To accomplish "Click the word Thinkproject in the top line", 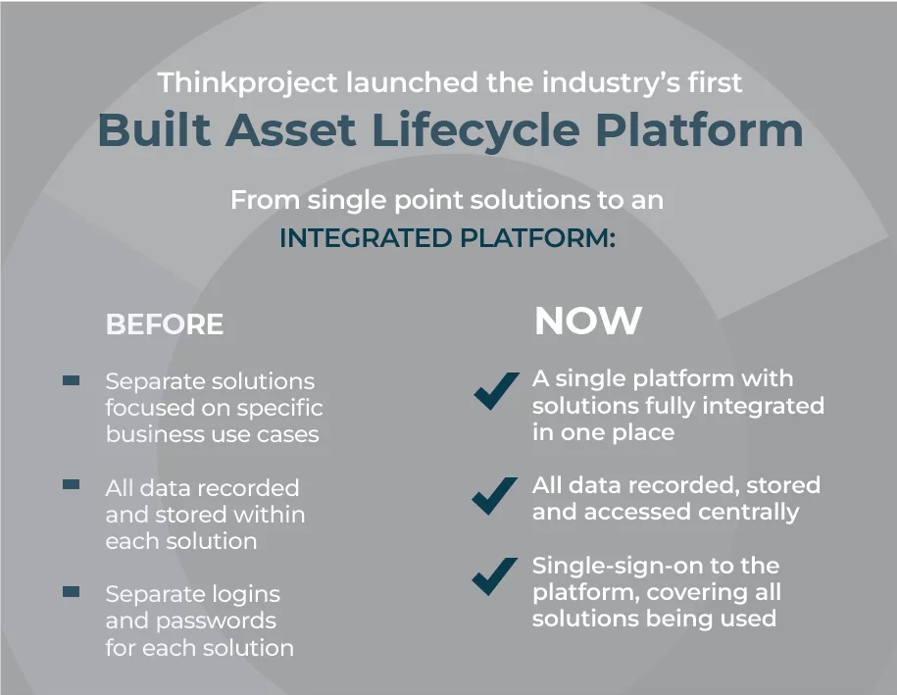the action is coord(248,83).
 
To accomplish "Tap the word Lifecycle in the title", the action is coord(475,131).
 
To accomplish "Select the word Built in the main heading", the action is coord(155,129).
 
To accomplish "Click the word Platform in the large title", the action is coord(699,129).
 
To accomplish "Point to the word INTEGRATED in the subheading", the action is coord(365,238).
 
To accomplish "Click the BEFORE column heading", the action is coord(164,324).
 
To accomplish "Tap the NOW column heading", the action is coord(588,321).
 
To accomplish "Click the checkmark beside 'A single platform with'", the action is coord(495,391).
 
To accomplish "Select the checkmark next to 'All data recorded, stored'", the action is coord(494,495).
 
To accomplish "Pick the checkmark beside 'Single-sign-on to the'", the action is coord(494,576).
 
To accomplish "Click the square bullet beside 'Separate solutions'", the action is coord(71,380).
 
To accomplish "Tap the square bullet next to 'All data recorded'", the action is coord(71,485).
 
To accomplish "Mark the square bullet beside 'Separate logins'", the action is coord(71,591).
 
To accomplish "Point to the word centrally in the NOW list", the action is coord(748,513).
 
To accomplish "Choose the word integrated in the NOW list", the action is coord(763,406).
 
